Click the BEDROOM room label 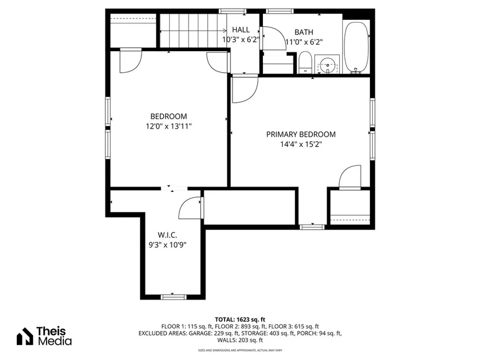168,116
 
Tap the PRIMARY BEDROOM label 301,134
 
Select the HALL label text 241,30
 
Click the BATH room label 304,32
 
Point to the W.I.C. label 168,235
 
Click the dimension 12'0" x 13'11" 168,126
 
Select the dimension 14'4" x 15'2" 301,144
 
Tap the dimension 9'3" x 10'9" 168,245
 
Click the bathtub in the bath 357,47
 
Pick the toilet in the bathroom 305,62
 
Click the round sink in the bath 328,65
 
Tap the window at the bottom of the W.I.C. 173,297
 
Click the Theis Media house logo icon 25,336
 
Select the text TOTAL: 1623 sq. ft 240,320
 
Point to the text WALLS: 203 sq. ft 240,340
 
